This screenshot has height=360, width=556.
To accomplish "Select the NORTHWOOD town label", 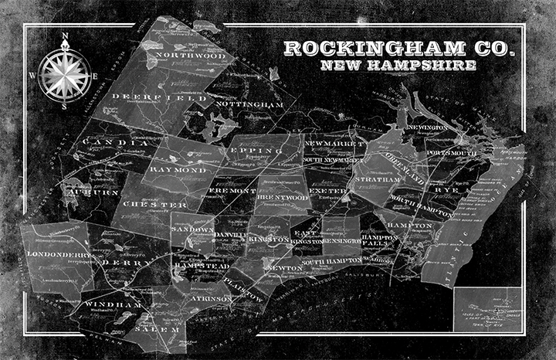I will pos(190,56).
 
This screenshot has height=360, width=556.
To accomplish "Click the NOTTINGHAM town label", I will pos(245,103).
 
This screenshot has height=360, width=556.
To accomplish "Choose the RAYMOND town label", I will pos(178,169).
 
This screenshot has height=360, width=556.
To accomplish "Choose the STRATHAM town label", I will pos(378,179).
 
